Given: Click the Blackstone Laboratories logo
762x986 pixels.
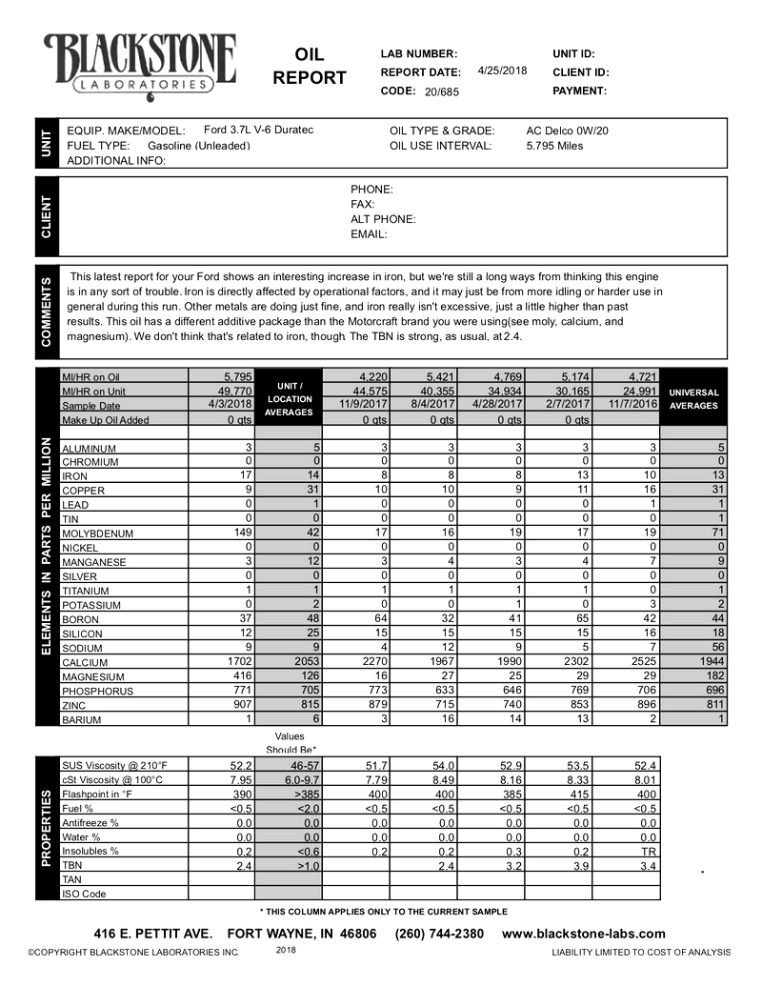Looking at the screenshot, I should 141,63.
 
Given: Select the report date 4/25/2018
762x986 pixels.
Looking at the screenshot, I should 502,71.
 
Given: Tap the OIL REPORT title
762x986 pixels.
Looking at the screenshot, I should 310,66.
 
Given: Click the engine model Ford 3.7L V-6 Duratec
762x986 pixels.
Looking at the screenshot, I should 259,130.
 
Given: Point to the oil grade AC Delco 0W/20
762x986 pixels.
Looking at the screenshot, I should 567,131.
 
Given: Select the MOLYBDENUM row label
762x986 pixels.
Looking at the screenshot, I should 97,533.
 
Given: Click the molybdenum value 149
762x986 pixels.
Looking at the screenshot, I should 235,533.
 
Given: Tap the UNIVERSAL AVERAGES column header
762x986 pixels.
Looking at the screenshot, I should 693,398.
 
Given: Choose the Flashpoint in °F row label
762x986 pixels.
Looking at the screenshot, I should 100,794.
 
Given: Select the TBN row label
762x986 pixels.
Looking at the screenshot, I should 72,865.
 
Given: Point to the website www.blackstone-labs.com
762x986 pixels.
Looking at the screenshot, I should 583,934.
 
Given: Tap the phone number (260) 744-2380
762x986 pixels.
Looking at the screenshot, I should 439,934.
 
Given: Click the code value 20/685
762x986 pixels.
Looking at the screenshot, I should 442,91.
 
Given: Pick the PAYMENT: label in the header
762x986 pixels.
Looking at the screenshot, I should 579,91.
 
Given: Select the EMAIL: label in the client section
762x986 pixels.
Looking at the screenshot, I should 369,233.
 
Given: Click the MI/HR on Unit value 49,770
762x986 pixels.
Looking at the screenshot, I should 232,391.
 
